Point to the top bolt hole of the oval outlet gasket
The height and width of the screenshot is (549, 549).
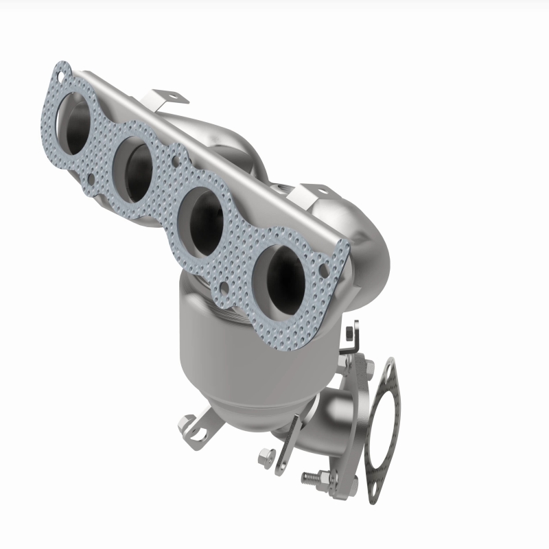click(390, 368)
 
